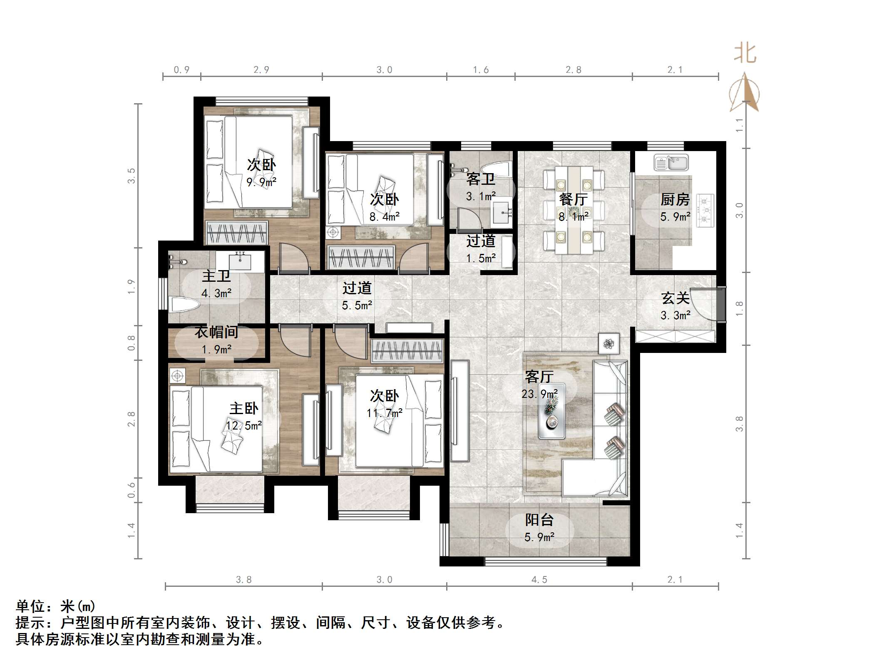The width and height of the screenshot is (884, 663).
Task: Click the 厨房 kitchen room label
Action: coord(675,200)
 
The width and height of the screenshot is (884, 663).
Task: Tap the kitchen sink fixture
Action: coord(671,162)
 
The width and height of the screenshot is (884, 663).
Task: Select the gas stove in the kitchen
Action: coord(705,211)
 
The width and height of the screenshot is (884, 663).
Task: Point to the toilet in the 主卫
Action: coord(184,305)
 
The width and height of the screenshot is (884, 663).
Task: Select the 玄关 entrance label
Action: coord(675,298)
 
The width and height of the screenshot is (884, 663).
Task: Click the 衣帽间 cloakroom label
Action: coord(216,332)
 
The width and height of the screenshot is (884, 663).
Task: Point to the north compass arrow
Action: coord(745,92)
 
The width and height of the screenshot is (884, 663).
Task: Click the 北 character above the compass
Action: coord(745,54)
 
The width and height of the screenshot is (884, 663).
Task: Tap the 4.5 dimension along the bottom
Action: coord(539,579)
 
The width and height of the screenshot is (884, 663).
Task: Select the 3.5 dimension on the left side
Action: coord(132,176)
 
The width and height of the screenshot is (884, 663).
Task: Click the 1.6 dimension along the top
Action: coord(481,70)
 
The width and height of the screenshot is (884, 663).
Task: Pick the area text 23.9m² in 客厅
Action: coord(539,393)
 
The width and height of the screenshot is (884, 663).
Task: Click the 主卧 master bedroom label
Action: coord(243,408)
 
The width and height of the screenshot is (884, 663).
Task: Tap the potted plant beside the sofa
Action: coord(609,344)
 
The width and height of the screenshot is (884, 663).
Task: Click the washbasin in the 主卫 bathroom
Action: coord(240,261)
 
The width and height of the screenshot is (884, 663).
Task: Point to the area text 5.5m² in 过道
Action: coord(357,305)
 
